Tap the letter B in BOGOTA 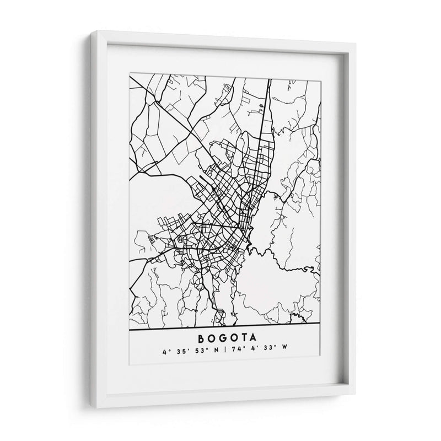pyautogui.click(x=198, y=335)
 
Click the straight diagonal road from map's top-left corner pyautogui.click(x=165, y=110)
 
